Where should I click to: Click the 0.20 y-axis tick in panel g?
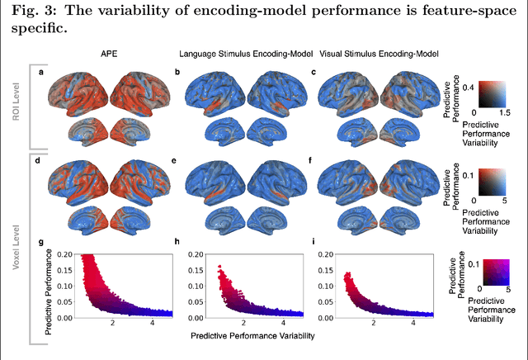(x=66, y=255)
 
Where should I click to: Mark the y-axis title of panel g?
(x=48, y=286)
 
